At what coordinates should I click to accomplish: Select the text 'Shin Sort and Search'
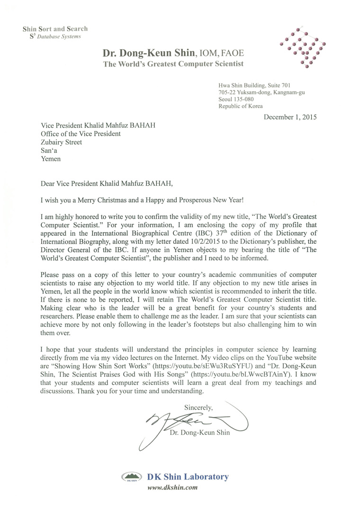(55, 29)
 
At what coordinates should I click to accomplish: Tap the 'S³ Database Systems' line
(52, 36)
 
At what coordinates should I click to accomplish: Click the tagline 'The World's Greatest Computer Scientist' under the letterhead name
(173, 63)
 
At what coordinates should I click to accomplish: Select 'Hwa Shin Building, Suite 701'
(255, 85)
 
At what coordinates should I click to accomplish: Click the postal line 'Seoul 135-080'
(236, 99)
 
